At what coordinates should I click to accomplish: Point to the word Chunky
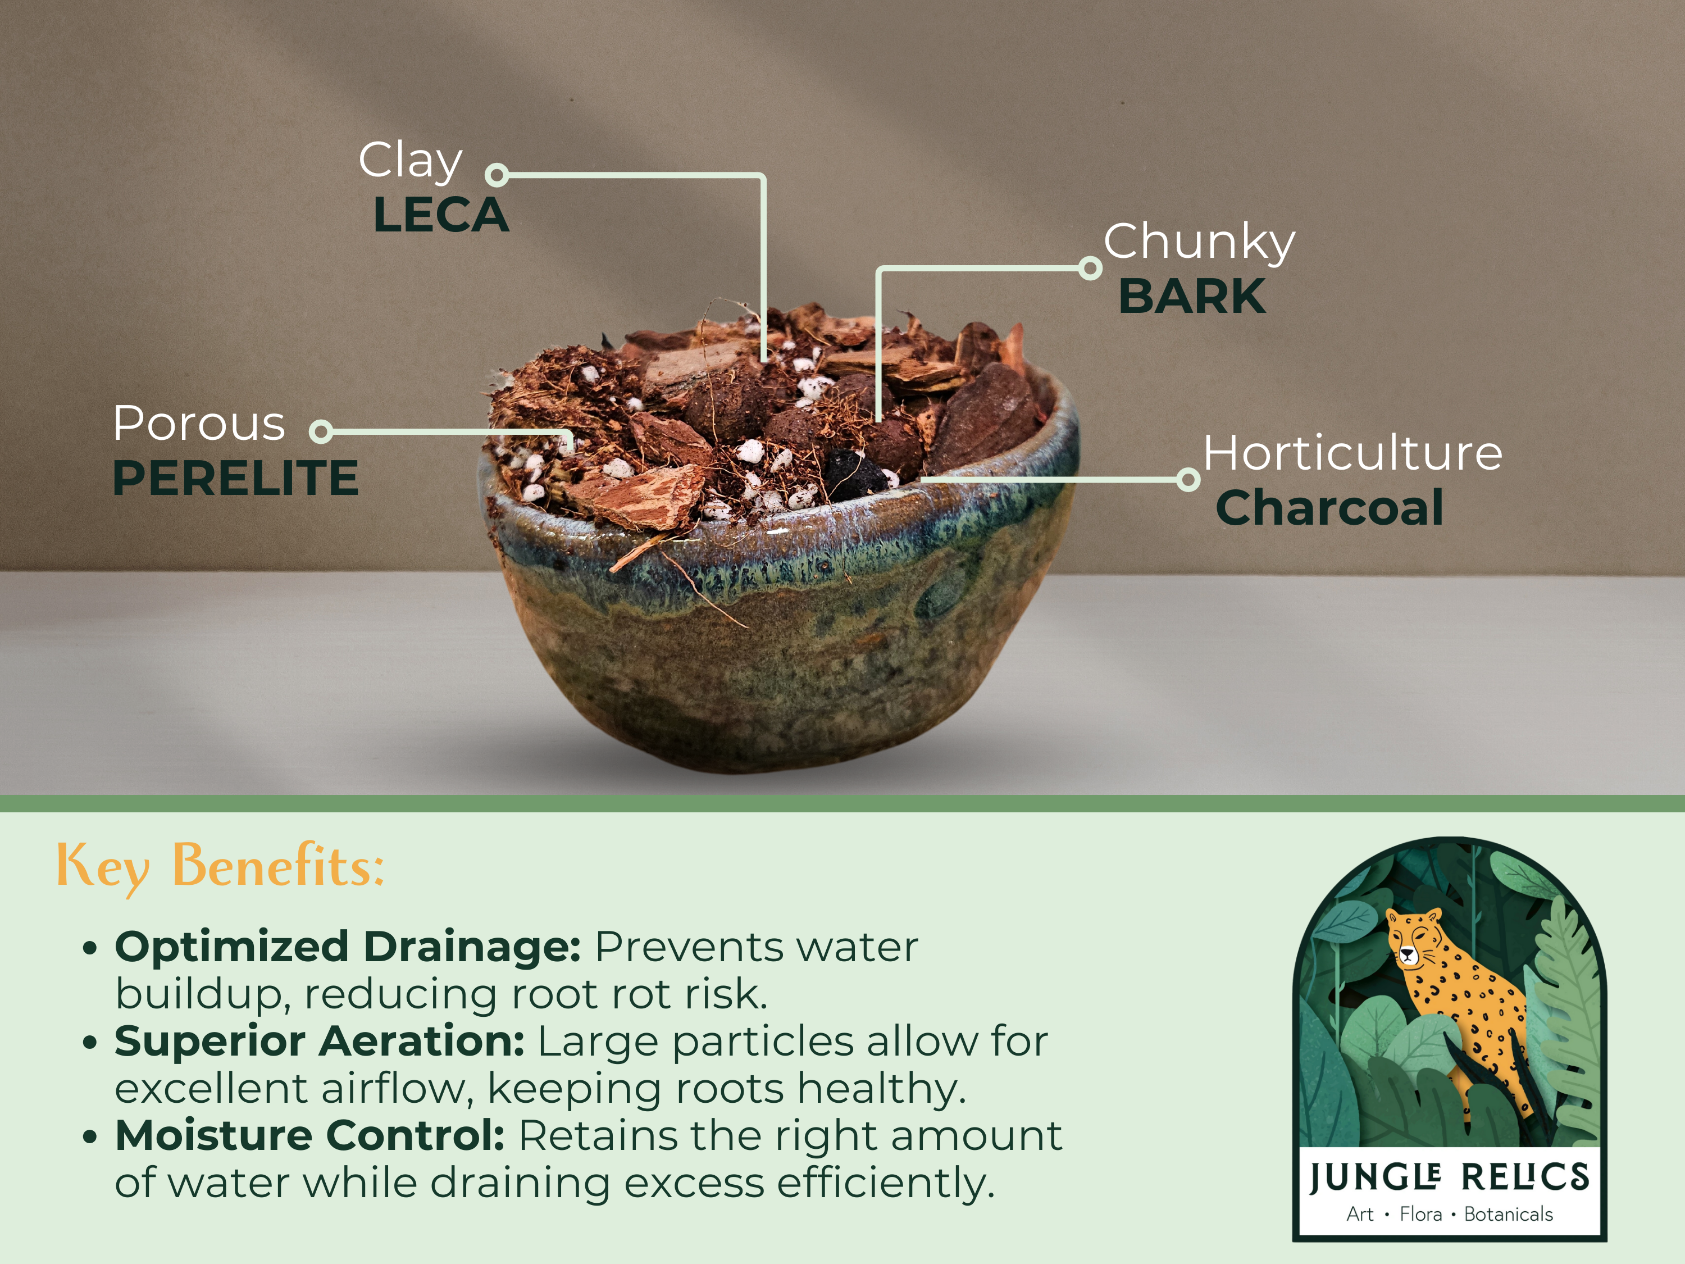(x=1199, y=242)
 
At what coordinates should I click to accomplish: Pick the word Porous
(x=199, y=423)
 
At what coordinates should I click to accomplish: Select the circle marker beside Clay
(x=497, y=175)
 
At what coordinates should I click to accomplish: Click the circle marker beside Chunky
(x=1091, y=268)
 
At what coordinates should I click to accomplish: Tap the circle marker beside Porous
(x=321, y=431)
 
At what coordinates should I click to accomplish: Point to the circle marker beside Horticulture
(x=1187, y=480)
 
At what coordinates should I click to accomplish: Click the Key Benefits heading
(x=220, y=866)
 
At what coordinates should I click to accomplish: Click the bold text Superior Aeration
(x=319, y=1042)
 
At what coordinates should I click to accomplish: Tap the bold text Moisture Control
(x=310, y=1136)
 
